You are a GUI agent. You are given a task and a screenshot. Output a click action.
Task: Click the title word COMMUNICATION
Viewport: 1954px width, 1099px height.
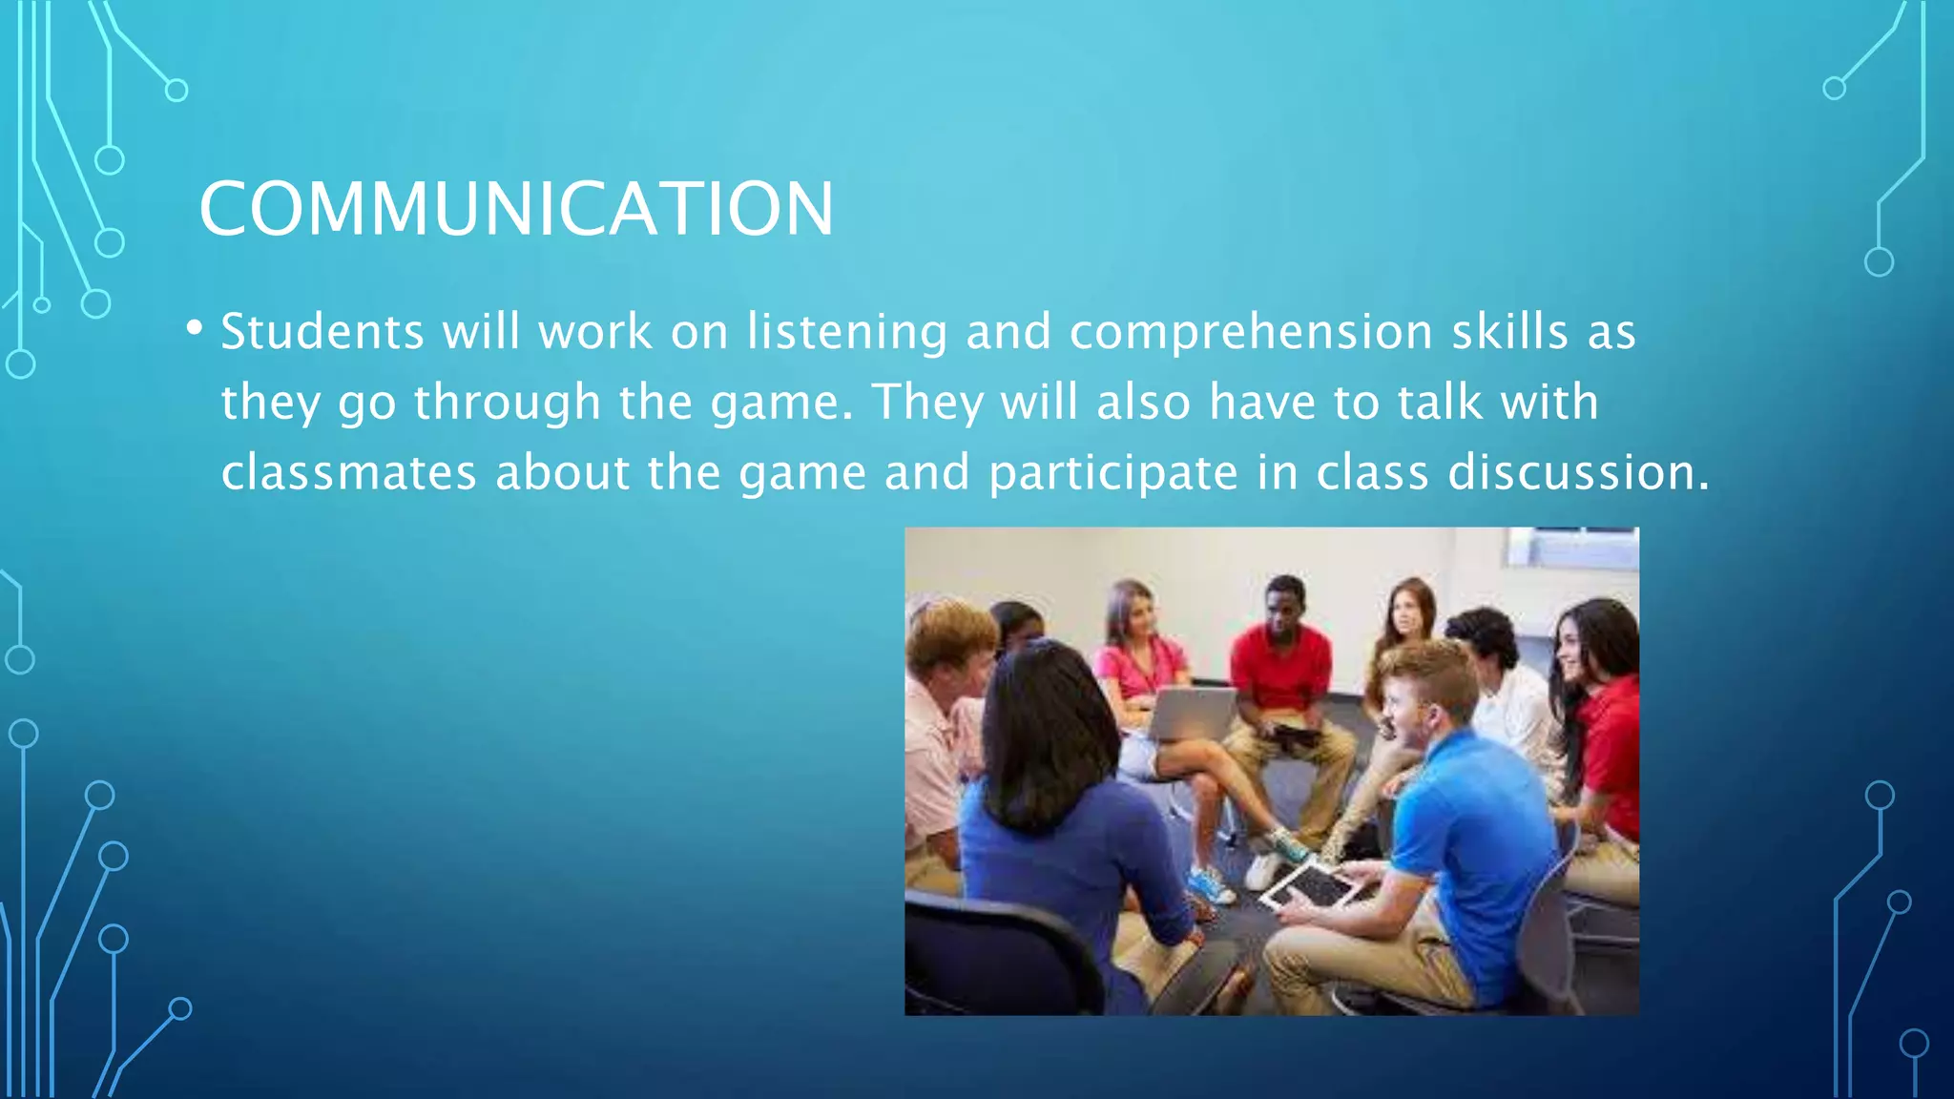click(516, 209)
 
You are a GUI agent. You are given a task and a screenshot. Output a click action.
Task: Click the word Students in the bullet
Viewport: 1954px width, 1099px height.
click(322, 332)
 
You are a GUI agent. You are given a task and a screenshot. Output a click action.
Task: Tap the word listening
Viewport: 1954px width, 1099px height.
click(847, 332)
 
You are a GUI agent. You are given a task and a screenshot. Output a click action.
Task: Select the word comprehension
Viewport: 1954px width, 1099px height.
click(1251, 332)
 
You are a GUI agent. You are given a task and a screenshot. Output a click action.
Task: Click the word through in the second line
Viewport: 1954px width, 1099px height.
click(507, 402)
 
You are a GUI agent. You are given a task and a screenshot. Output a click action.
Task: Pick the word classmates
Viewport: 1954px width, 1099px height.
click(348, 472)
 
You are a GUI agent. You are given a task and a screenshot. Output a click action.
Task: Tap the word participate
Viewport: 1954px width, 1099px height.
click(1112, 472)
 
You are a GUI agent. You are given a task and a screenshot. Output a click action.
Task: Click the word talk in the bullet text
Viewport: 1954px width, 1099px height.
click(1440, 402)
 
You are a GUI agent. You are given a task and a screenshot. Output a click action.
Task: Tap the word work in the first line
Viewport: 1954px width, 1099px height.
click(594, 332)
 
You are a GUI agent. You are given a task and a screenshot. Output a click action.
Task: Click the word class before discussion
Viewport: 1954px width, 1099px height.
click(1372, 472)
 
